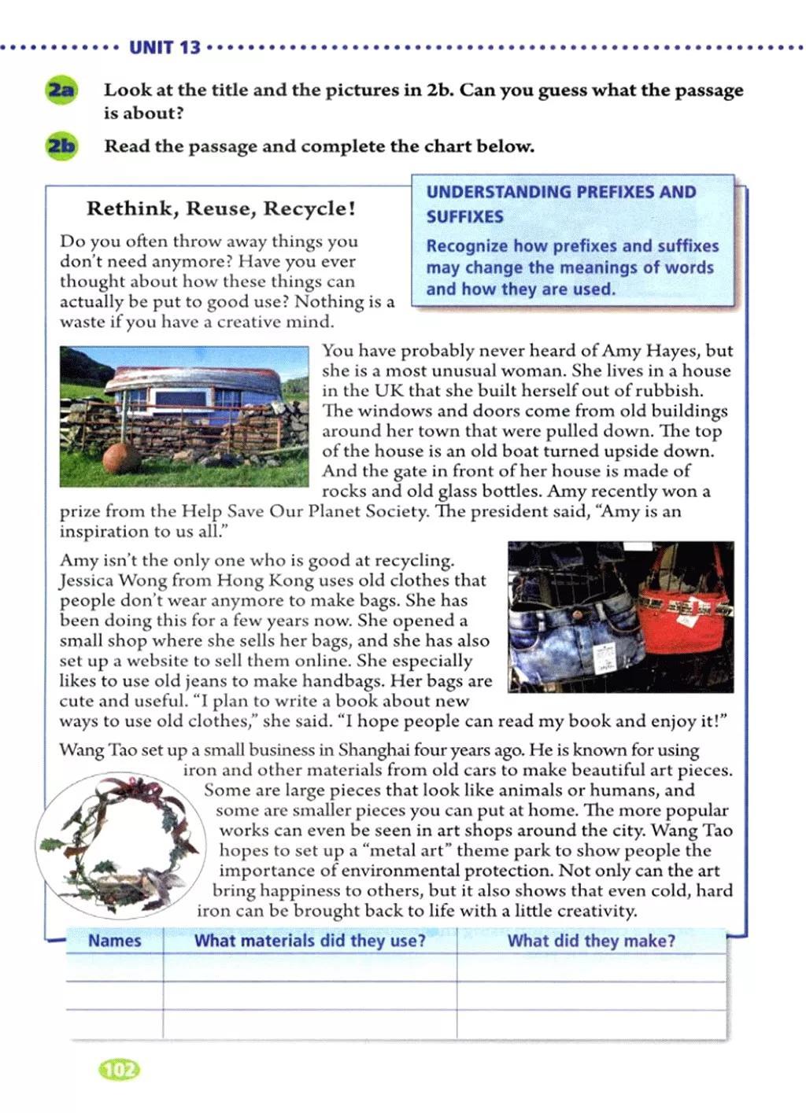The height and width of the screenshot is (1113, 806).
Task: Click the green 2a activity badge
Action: [61, 90]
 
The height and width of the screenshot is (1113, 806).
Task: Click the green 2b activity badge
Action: [61, 146]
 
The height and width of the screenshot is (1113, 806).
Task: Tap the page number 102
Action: [119, 1069]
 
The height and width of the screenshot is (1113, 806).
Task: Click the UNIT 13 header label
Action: [165, 47]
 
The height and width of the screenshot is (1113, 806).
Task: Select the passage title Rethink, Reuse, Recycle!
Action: [221, 209]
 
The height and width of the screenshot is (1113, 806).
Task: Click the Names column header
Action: [115, 941]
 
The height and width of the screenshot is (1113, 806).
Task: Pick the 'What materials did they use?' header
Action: [309, 941]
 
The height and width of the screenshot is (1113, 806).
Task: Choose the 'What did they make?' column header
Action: [591, 941]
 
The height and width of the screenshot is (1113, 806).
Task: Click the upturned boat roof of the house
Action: [189, 376]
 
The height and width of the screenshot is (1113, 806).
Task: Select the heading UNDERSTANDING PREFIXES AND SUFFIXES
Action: [560, 204]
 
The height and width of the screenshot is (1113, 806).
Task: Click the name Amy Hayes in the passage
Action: [649, 351]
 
